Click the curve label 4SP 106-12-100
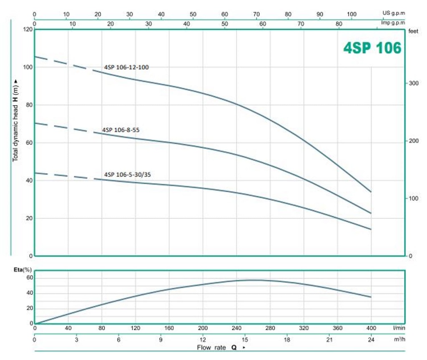[x=126, y=67]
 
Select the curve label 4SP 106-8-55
[x=121, y=130]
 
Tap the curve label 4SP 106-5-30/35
[x=128, y=174]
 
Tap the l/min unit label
[x=399, y=328]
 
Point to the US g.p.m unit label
[x=394, y=13]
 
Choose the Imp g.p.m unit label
[x=394, y=23]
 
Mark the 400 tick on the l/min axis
[x=371, y=328]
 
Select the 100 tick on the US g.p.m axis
[x=352, y=14]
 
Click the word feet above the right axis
[x=413, y=31]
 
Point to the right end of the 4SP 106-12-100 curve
[x=371, y=192]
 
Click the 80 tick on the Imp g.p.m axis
[x=339, y=24]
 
